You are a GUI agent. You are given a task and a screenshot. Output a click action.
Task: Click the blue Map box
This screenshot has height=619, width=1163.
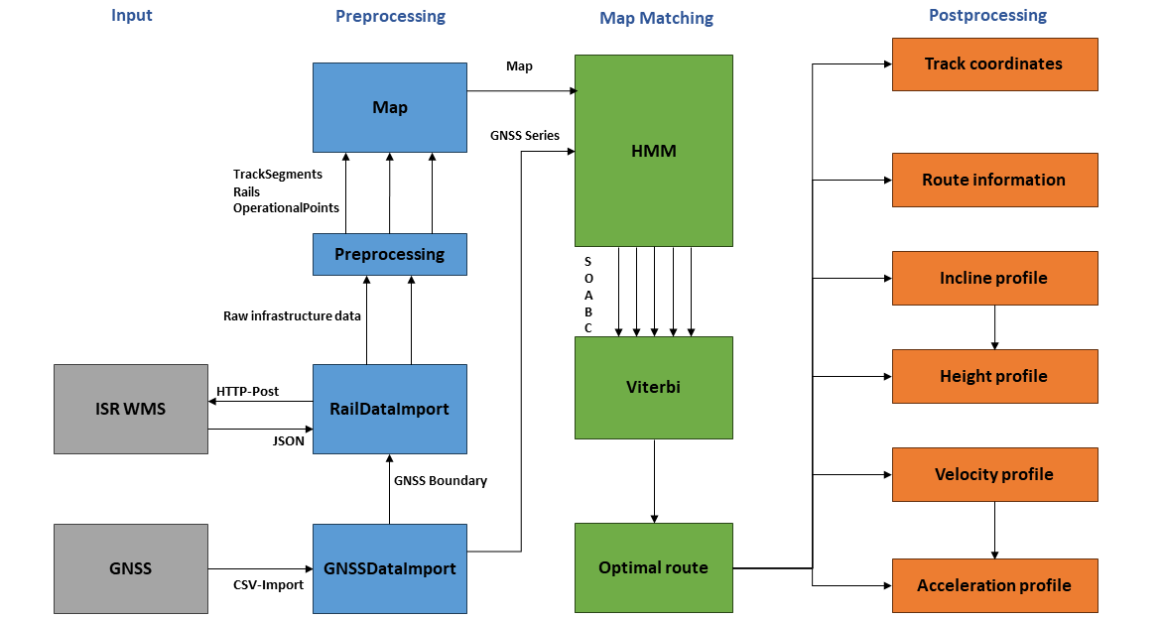[389, 107]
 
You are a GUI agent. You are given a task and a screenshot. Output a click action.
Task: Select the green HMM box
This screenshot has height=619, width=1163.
[653, 150]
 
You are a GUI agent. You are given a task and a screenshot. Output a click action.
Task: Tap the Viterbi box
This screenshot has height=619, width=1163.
[653, 387]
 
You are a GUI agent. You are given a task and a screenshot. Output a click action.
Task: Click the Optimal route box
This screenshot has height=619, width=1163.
[653, 567]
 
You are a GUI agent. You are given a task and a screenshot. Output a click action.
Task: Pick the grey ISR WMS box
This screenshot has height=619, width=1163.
[130, 409]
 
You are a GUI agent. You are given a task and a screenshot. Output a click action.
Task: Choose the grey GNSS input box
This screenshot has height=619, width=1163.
[130, 568]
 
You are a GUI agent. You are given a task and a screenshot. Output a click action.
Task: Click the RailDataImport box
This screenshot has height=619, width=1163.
[389, 409]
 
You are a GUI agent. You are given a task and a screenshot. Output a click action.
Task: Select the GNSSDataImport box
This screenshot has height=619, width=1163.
[389, 568]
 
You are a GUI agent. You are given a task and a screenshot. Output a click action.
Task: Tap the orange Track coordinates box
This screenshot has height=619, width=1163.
[993, 64]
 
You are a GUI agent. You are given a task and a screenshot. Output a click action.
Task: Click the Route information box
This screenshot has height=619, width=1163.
[993, 180]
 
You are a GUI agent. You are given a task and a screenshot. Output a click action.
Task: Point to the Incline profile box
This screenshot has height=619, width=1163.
[993, 278]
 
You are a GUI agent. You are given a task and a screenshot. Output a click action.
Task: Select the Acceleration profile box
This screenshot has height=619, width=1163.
[993, 585]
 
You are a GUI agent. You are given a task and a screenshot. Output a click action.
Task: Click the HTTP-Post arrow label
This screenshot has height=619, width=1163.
[247, 391]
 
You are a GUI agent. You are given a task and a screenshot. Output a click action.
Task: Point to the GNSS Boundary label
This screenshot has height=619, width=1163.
[441, 480]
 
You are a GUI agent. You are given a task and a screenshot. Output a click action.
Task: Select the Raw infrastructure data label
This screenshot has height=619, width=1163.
[292, 315]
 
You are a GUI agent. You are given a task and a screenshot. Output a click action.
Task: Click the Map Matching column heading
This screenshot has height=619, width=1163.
[656, 18]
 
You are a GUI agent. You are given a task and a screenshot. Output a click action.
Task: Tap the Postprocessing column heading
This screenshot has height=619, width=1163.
[987, 15]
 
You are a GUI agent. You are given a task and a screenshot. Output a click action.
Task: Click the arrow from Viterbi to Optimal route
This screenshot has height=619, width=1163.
[654, 480]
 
